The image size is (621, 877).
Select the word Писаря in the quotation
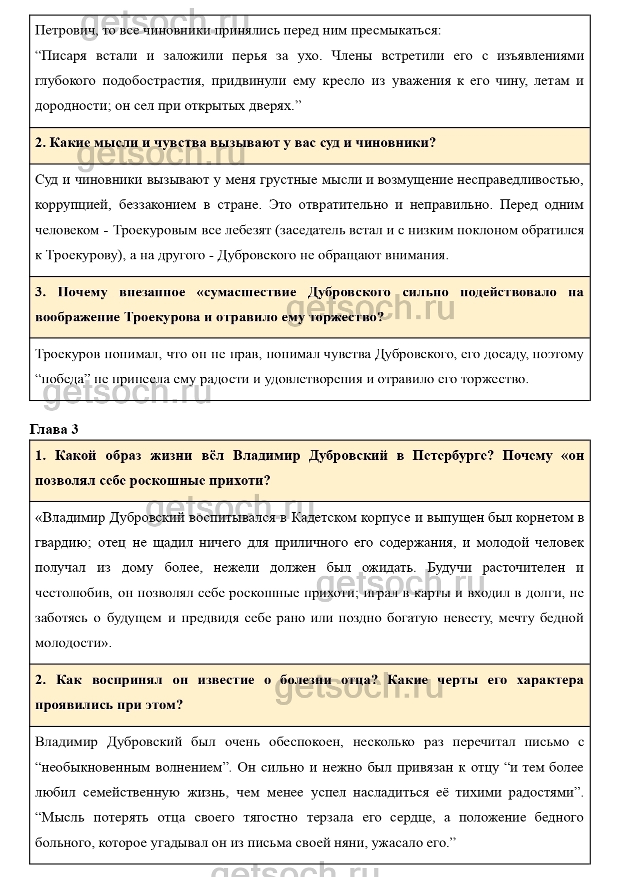pos(63,55)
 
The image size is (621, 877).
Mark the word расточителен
pos(523,568)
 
